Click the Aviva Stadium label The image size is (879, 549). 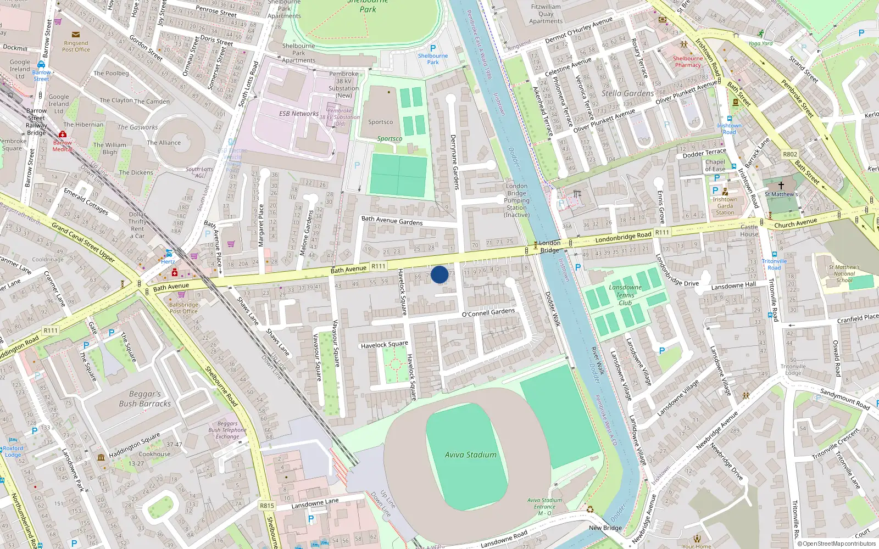point(470,455)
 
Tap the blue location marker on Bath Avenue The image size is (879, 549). point(439,274)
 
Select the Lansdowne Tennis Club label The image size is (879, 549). point(625,295)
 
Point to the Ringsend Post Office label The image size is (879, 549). point(76,46)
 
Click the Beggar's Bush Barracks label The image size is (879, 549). point(144,399)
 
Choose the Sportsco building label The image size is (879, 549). point(380,122)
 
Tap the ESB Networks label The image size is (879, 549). point(298,114)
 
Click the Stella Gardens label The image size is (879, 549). point(627,93)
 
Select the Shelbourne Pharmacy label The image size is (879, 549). point(688,61)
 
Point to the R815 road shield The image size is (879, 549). point(267,506)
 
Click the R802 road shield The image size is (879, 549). point(790,154)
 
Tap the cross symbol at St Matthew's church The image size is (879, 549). point(781,186)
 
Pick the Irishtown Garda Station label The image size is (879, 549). point(725,206)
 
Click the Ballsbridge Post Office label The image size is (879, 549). point(183,307)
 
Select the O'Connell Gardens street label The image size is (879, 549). point(488,313)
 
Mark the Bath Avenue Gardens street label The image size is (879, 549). point(392,221)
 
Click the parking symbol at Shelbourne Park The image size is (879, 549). point(433,48)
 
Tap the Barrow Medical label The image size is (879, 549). point(63,145)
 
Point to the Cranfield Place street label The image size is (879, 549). point(858,318)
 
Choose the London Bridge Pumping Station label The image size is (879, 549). point(517,200)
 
